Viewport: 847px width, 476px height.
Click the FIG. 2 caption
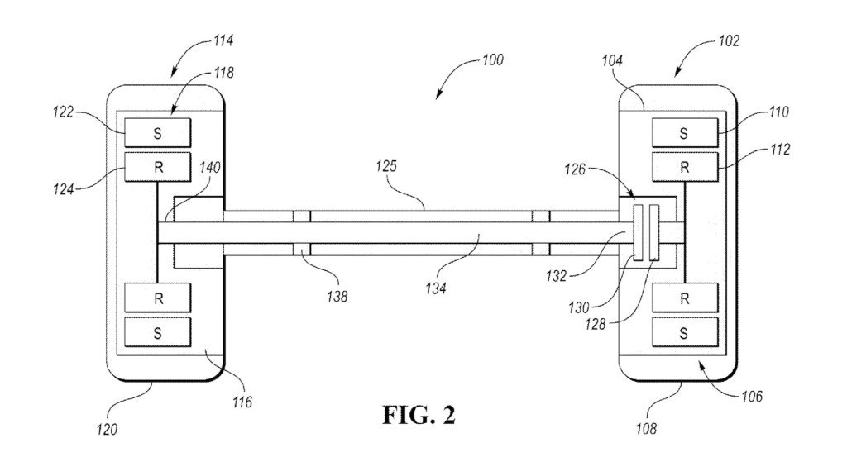(x=419, y=415)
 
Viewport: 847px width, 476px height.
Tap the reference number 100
(x=493, y=59)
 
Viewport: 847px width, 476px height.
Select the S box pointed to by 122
(x=158, y=133)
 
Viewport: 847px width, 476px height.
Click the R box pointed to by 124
(x=158, y=167)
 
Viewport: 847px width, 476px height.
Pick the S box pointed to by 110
(x=685, y=133)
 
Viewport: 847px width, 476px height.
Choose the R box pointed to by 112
(x=685, y=167)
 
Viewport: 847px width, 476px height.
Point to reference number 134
(x=436, y=288)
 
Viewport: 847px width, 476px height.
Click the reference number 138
(x=337, y=297)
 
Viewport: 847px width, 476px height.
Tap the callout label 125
(x=386, y=166)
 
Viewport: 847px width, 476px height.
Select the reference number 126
(x=575, y=169)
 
